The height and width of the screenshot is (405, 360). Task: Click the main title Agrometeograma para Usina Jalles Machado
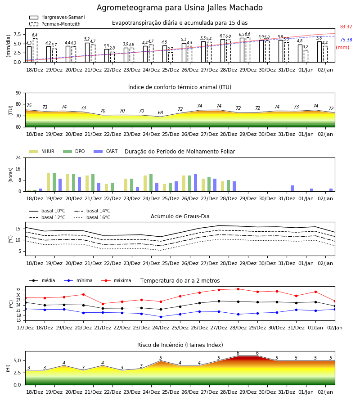point(180,8)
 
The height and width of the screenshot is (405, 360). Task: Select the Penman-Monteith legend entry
point(55,24)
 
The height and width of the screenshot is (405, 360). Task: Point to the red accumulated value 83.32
point(346,27)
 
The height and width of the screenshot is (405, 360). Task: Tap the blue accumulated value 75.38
point(346,40)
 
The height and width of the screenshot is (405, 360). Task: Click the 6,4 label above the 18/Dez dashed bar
point(35,35)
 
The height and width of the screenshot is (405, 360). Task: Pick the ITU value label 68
point(160,112)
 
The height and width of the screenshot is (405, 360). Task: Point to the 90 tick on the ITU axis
point(18,93)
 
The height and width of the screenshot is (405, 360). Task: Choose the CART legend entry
point(106,151)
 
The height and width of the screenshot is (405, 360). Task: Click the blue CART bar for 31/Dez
point(292,189)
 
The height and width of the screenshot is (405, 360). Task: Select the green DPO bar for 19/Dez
point(54,182)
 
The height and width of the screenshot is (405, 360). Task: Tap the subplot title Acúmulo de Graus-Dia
point(180,216)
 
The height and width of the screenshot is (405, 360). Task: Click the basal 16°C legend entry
point(92,217)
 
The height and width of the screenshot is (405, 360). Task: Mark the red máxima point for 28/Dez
point(238,289)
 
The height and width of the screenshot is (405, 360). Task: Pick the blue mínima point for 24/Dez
point(161,317)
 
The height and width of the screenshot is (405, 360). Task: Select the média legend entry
point(42,280)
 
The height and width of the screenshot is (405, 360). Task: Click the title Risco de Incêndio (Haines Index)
point(180,345)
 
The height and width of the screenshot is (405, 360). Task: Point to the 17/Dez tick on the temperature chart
point(25,328)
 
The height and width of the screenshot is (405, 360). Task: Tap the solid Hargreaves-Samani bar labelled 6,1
point(223,51)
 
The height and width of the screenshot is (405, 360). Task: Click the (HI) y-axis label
point(8,368)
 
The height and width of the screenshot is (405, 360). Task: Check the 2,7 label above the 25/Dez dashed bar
point(170,49)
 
